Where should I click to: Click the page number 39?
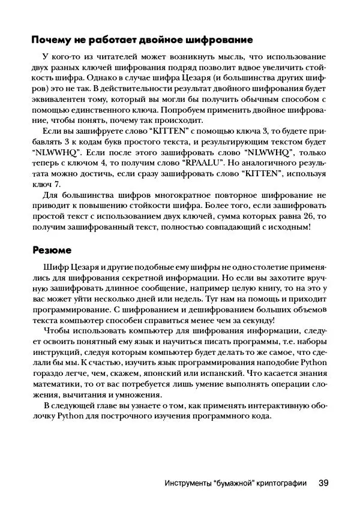tap(323, 483)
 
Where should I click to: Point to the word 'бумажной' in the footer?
tap(225, 483)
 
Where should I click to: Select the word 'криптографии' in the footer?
tap(279, 483)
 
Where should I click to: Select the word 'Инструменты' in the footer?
tap(188, 483)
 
